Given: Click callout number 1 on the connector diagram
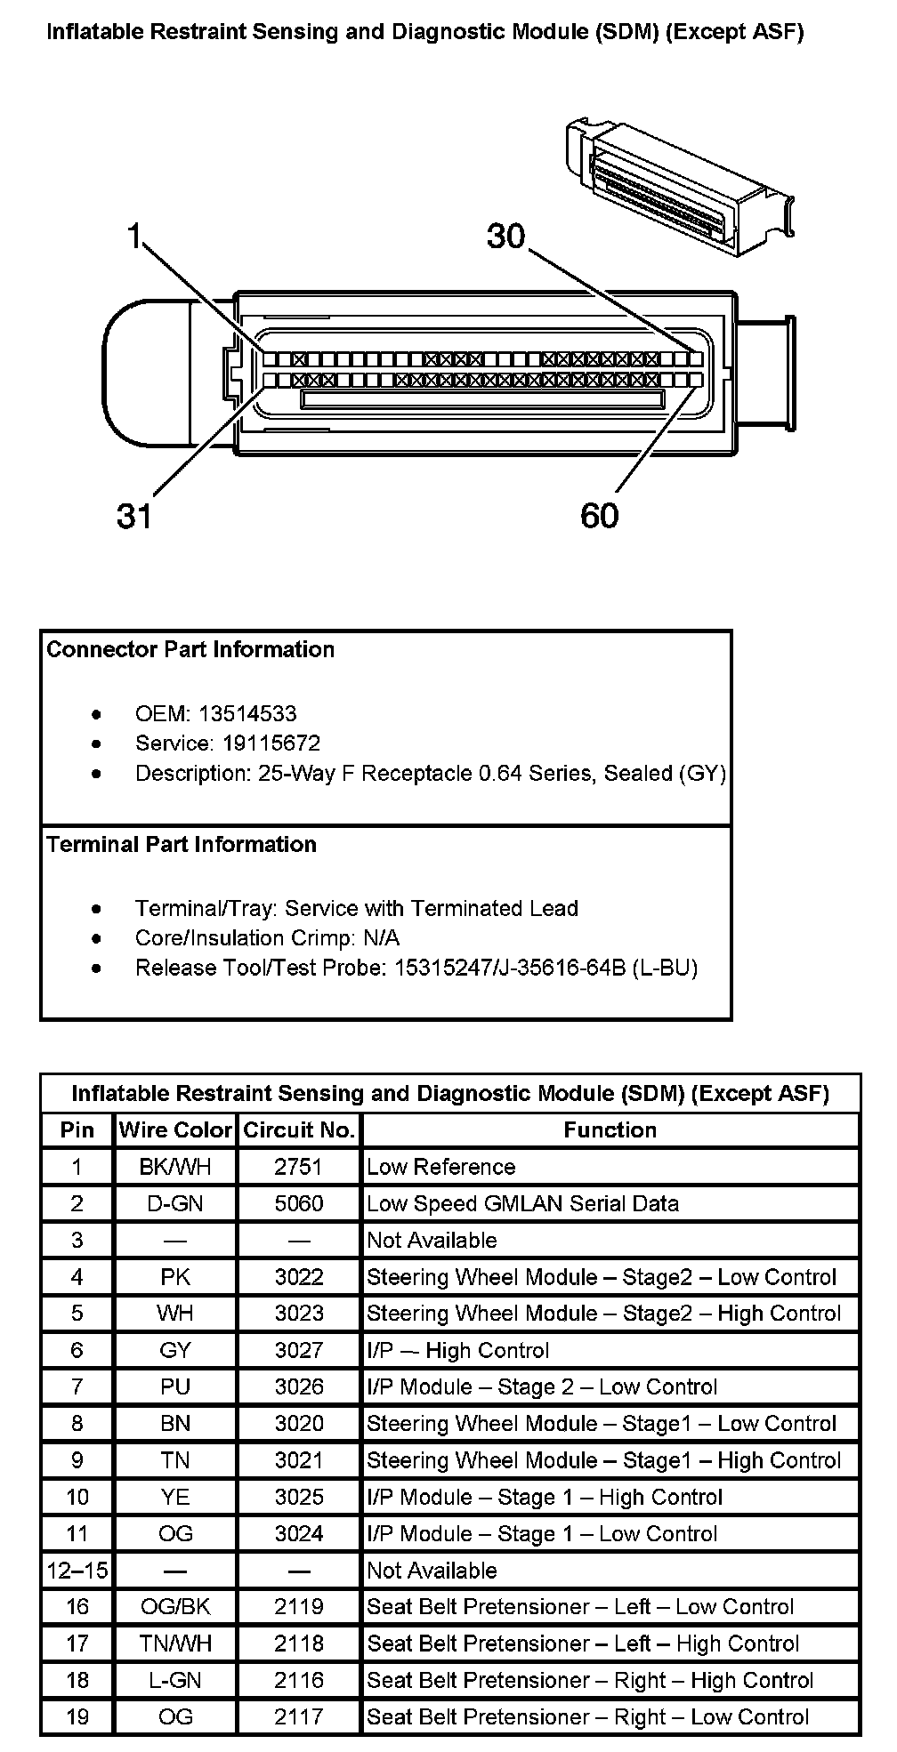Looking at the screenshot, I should tap(134, 237).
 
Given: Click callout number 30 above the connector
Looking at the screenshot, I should tap(506, 237).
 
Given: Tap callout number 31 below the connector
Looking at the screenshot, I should tap(134, 515).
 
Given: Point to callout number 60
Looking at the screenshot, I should tap(599, 515).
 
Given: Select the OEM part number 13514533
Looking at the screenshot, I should tap(247, 713).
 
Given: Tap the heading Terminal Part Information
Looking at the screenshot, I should tap(182, 844).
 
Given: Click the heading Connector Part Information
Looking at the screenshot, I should tap(190, 649).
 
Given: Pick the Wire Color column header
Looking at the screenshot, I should tap(175, 1130).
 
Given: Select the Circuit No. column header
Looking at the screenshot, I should tap(299, 1130).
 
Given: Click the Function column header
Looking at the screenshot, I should tap(610, 1130).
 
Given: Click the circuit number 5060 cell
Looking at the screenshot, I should tap(299, 1203).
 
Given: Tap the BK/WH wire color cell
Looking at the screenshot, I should tap(175, 1167).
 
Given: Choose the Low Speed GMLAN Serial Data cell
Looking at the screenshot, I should tap(523, 1203).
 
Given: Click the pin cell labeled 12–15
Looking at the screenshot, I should tap(77, 1571).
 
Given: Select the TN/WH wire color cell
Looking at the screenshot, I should tap(175, 1644).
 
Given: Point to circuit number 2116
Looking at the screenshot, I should tap(299, 1680).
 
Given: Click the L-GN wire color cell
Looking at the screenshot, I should tap(175, 1680).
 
